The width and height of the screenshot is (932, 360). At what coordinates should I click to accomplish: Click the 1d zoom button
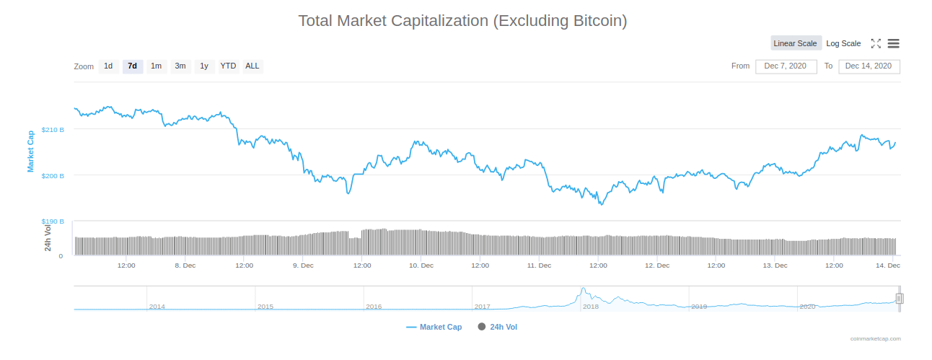[x=108, y=66]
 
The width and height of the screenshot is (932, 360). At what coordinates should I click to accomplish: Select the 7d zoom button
[x=132, y=66]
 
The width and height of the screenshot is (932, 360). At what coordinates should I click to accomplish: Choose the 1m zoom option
[x=156, y=66]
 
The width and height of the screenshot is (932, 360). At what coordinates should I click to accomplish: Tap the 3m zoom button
[x=180, y=66]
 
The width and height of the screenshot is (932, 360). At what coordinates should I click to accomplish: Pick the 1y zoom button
[x=204, y=66]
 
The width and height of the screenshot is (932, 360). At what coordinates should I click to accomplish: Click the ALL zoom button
[x=252, y=66]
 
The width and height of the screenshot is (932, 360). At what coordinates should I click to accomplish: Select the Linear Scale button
[x=795, y=43]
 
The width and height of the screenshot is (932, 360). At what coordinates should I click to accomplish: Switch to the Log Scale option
[x=843, y=43]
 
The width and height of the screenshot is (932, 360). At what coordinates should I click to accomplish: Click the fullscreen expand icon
[x=876, y=43]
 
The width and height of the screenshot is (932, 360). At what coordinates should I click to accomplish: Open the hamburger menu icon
[x=893, y=43]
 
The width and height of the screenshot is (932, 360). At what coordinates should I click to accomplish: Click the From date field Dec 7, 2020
[x=786, y=66]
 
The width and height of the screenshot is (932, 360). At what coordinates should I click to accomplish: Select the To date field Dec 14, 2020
[x=869, y=66]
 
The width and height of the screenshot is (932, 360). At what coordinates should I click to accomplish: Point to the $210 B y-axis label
[x=53, y=130]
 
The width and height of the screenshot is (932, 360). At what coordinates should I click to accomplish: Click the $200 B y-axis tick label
[x=53, y=176]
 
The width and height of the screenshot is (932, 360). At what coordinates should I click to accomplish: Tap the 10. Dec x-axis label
[x=421, y=265]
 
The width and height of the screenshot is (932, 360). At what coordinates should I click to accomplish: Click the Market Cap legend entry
[x=434, y=327]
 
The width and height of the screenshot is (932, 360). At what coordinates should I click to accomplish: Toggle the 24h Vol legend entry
[x=498, y=327]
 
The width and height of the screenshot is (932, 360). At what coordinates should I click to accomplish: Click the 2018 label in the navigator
[x=590, y=307]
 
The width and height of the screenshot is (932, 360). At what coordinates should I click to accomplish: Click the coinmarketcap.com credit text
[x=875, y=338]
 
